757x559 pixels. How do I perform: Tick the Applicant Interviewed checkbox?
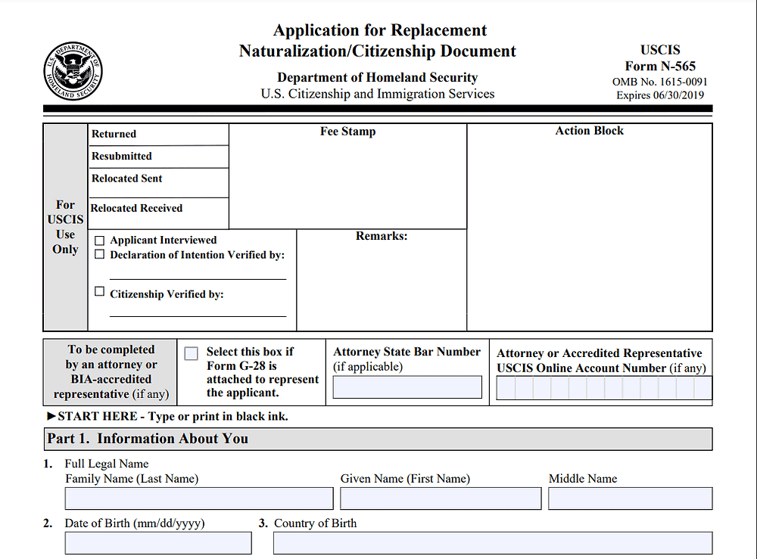99,241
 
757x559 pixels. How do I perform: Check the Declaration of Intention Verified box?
99,254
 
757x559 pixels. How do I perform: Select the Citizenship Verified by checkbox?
99,291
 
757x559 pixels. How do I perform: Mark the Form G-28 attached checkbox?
192,353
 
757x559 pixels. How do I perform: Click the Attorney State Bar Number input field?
407,387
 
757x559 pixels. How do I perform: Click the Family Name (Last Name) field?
199,498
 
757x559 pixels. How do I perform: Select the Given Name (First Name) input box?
441,498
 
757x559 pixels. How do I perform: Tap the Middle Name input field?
630,498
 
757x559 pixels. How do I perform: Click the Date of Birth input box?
158,543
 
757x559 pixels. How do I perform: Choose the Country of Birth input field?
492,543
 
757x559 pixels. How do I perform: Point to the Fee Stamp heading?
347,132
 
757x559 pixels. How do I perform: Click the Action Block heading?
589,131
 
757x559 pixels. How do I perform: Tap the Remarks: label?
382,236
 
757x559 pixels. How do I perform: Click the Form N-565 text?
660,66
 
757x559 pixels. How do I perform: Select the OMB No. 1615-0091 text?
660,82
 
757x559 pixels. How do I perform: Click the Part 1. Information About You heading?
148,439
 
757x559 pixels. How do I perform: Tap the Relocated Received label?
137,208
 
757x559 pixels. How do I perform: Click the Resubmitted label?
122,156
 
